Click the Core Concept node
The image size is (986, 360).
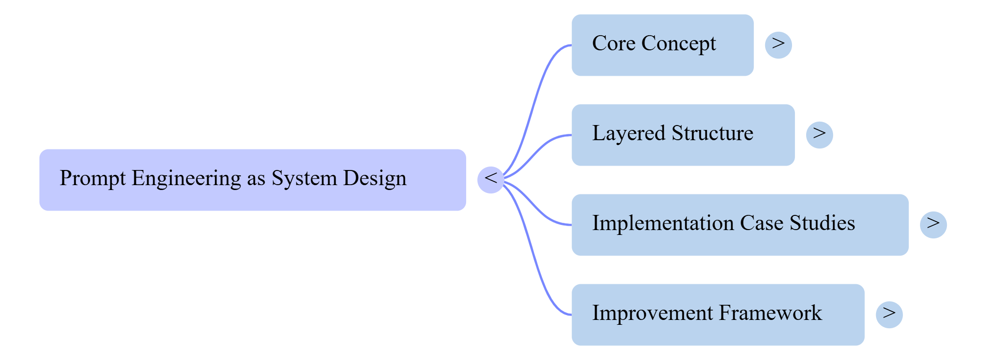coord(662,45)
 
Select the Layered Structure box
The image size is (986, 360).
coord(683,135)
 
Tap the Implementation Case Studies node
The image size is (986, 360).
coord(739,225)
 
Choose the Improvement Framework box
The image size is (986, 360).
coord(717,315)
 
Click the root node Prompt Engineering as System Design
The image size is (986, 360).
coord(252,180)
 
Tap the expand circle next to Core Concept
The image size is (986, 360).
coord(778,45)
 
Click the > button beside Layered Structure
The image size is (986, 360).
coord(819,135)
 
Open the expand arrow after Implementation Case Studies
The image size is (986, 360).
coord(933,225)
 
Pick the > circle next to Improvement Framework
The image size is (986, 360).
coord(889,315)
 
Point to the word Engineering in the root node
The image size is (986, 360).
coord(186,179)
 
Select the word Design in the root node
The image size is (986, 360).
coord(374,179)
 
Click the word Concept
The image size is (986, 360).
coord(678,44)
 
